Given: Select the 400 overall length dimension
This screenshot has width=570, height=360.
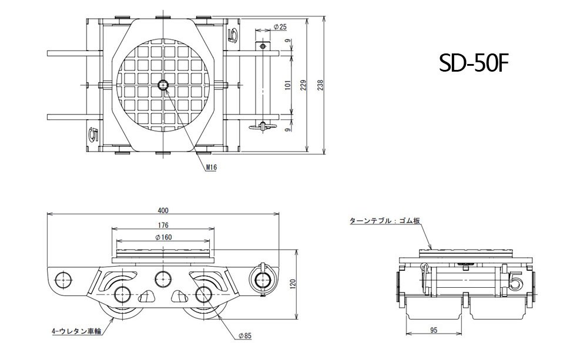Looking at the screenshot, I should (x=163, y=210).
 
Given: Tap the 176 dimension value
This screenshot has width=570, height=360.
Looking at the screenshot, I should (x=163, y=225).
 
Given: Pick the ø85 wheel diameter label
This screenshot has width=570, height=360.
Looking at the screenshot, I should (x=245, y=335).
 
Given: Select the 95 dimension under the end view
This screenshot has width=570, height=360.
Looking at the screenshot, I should (x=433, y=330).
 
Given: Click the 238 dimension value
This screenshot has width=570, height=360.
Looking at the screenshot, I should (x=320, y=85).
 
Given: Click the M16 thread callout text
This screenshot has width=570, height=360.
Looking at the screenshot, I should (x=212, y=167).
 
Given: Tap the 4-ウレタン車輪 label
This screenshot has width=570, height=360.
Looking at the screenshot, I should (x=76, y=331).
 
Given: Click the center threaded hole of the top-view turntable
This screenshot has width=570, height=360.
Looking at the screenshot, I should (x=163, y=86).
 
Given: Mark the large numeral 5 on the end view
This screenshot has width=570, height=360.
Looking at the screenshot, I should (x=516, y=281).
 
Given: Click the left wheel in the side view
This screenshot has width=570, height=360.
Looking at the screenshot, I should (x=122, y=295).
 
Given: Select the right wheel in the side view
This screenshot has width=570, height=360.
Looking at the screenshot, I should (x=203, y=295).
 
